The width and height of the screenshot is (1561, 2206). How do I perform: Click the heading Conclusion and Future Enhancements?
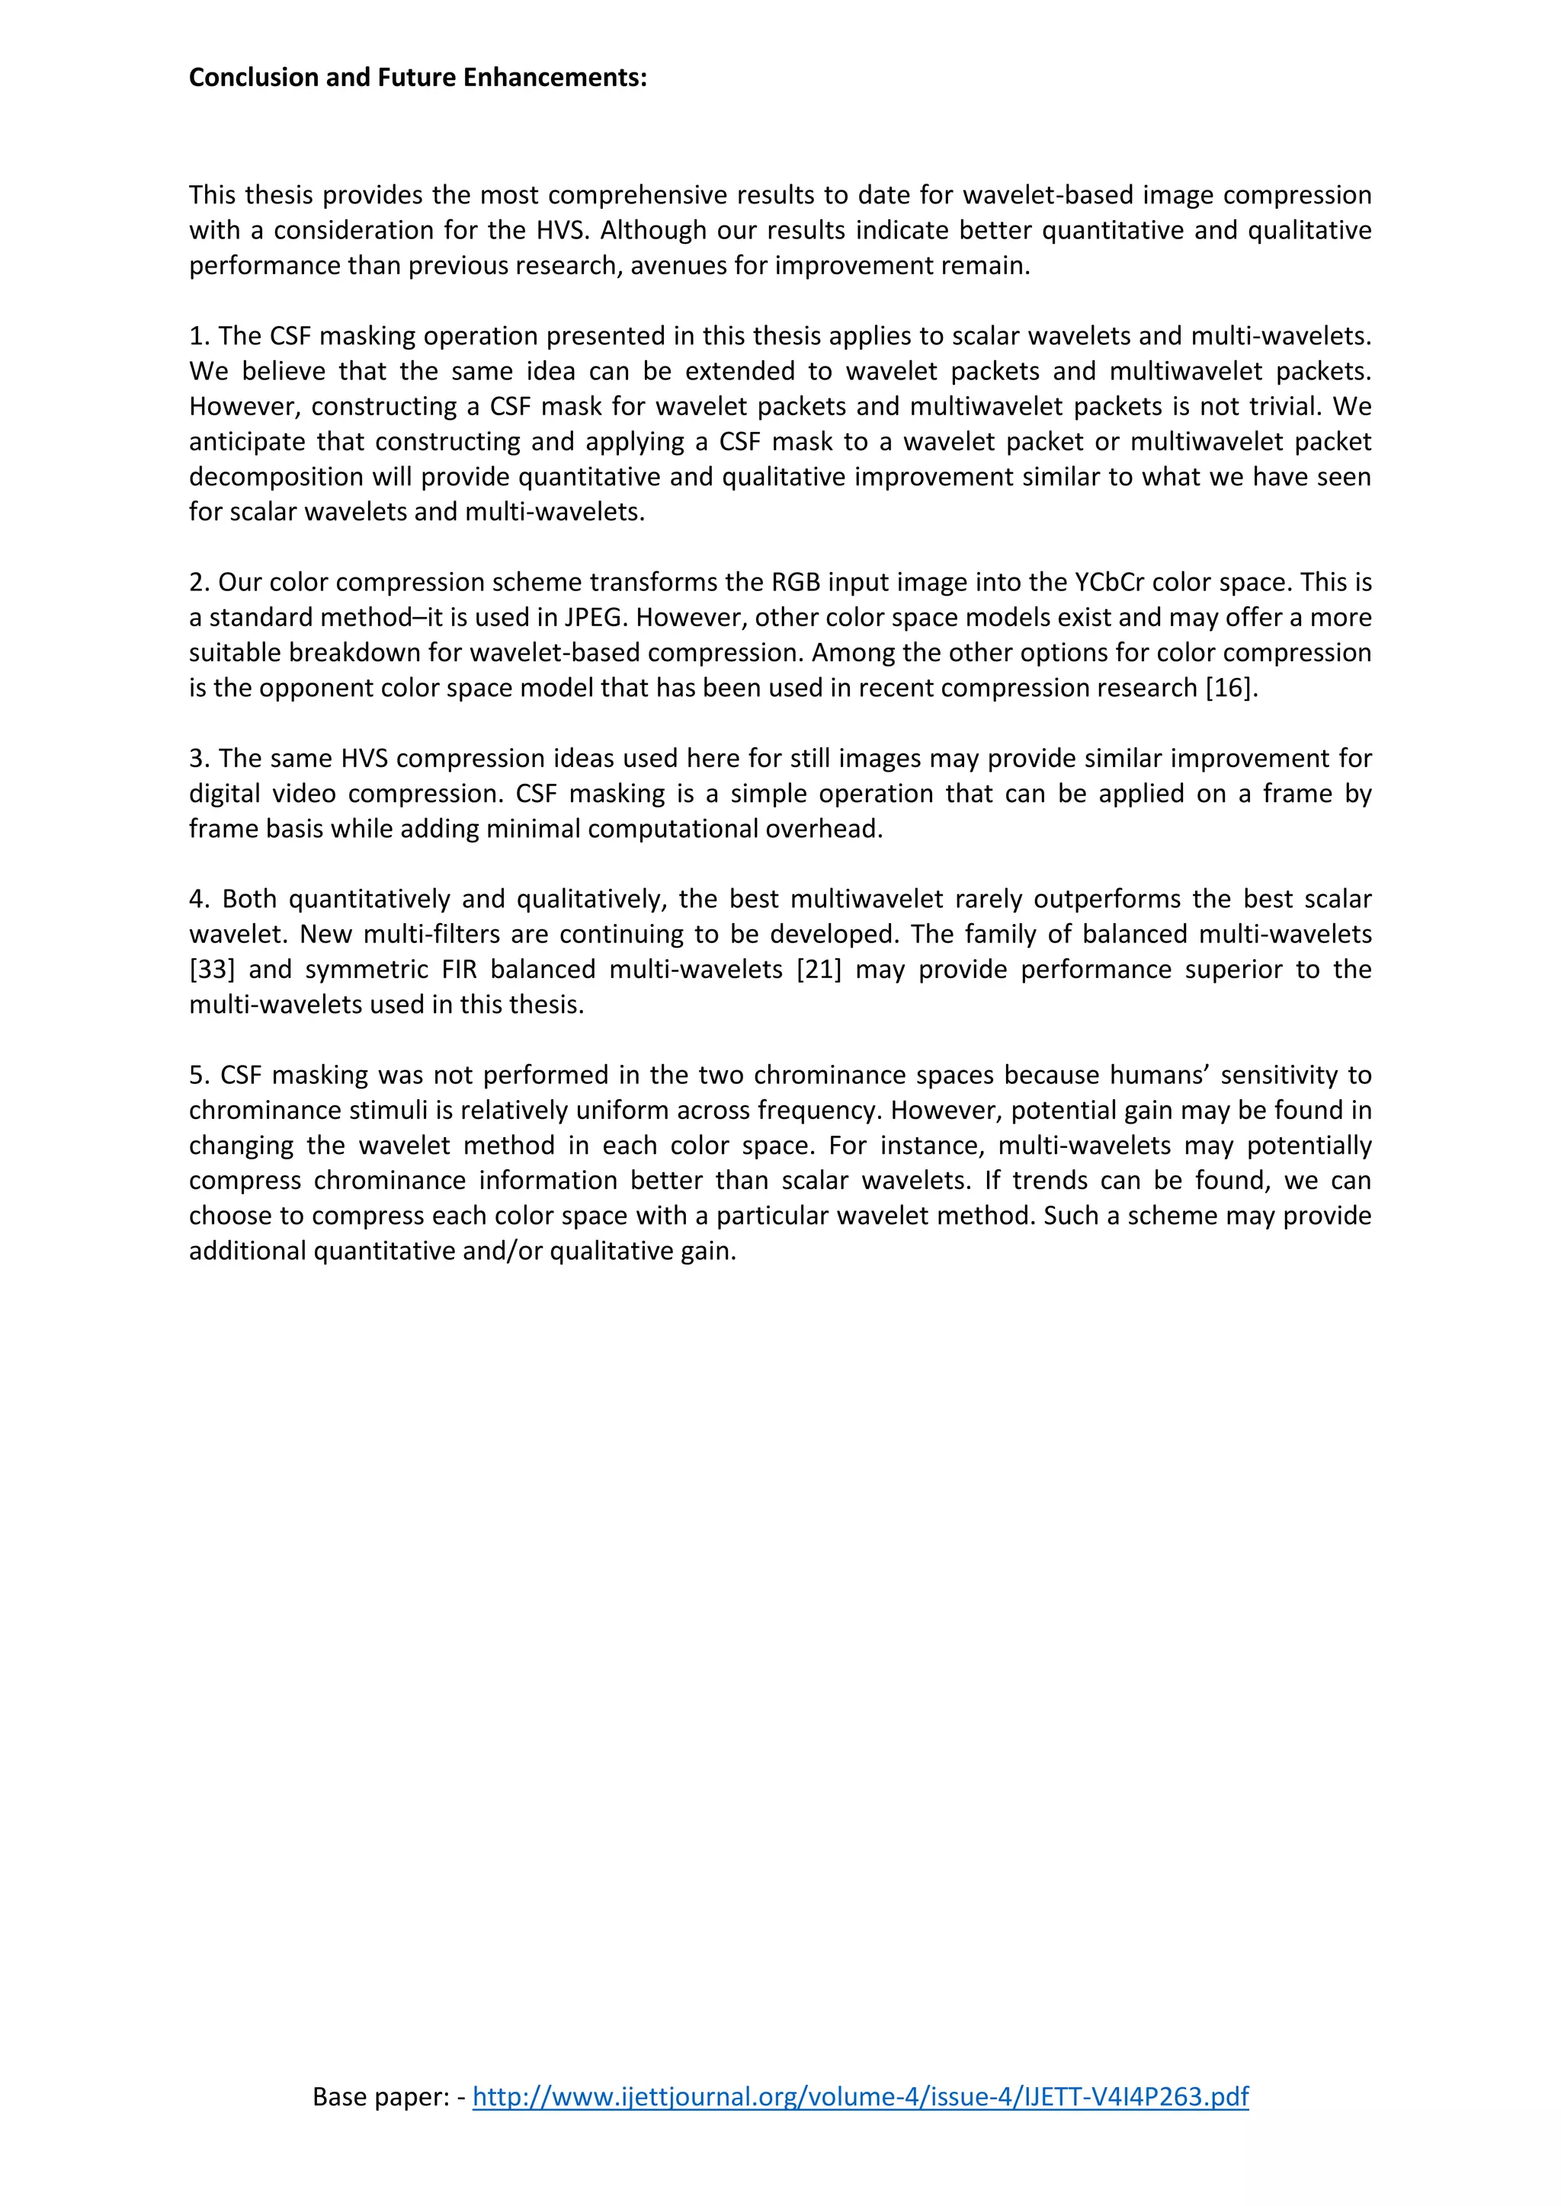[x=417, y=78]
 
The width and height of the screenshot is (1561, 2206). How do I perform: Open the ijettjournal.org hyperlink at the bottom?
[x=861, y=2096]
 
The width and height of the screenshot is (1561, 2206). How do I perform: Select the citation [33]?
[x=211, y=970]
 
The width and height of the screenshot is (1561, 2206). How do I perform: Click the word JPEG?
[x=592, y=618]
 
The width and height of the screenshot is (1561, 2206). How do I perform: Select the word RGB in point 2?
[x=796, y=582]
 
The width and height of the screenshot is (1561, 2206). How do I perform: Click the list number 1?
[x=198, y=336]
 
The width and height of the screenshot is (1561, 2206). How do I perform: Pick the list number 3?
[x=198, y=758]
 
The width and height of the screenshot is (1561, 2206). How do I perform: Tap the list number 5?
[x=198, y=1075]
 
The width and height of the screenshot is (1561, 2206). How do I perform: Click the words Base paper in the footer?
[x=380, y=2096]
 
